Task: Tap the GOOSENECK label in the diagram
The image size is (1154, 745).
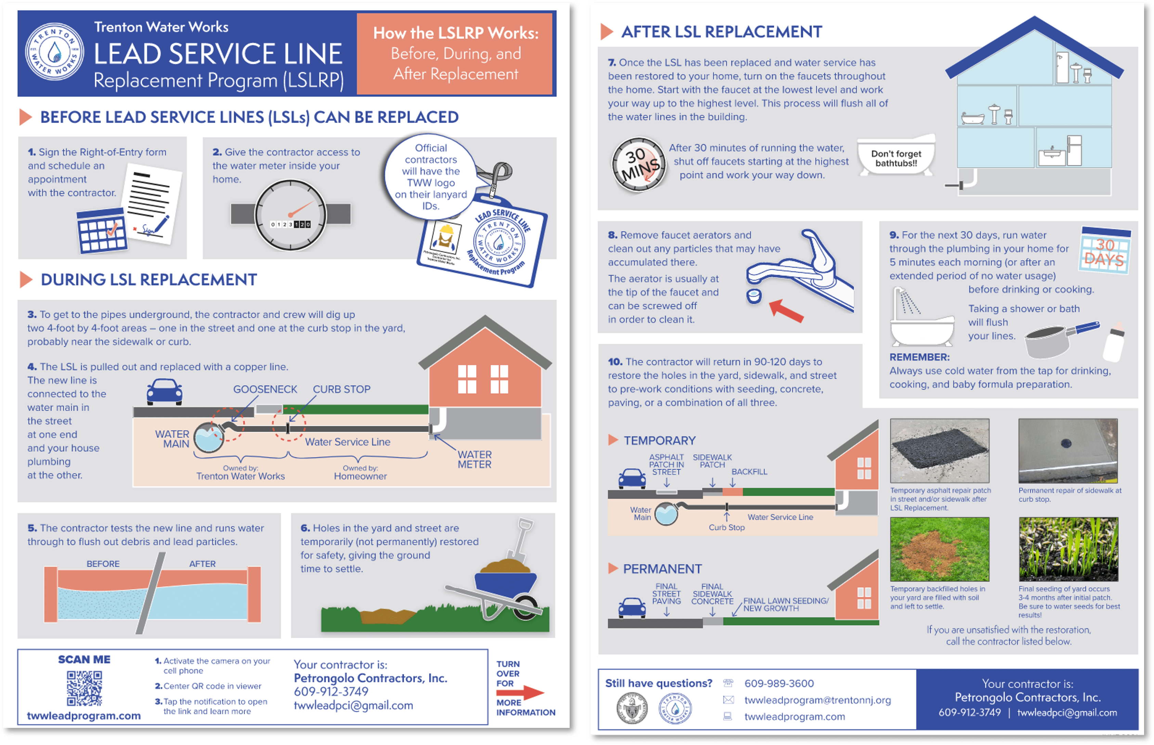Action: (x=265, y=389)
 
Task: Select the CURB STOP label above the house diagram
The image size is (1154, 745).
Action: (x=341, y=389)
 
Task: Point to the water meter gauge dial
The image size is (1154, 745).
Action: (x=290, y=216)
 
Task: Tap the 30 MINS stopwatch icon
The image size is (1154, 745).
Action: (x=639, y=164)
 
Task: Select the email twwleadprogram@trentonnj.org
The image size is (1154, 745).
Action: (x=817, y=700)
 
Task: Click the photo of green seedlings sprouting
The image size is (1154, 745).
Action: (x=1068, y=549)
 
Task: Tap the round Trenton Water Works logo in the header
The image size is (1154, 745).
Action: (x=54, y=52)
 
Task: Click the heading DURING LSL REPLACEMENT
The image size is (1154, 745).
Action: (x=148, y=280)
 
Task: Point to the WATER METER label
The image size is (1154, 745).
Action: (x=474, y=459)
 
